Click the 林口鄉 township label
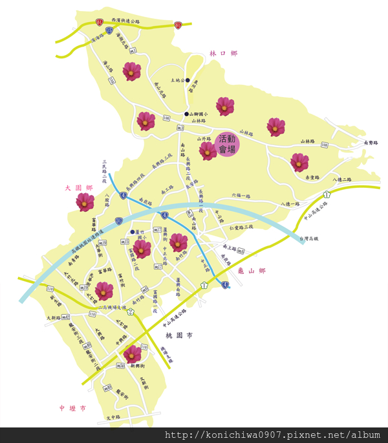click(x=223, y=53)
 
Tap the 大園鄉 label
click(x=79, y=188)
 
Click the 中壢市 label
click(x=72, y=408)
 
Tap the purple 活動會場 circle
click(x=227, y=144)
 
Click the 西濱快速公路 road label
click(x=125, y=21)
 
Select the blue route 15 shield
click(x=109, y=30)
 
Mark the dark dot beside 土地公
click(x=188, y=81)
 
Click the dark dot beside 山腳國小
click(x=186, y=114)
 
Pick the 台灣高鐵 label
click(x=309, y=239)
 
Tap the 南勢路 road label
click(x=371, y=142)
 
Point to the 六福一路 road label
click(x=241, y=195)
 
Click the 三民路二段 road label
click(x=104, y=170)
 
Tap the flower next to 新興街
click(x=133, y=354)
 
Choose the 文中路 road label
click(x=114, y=418)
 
